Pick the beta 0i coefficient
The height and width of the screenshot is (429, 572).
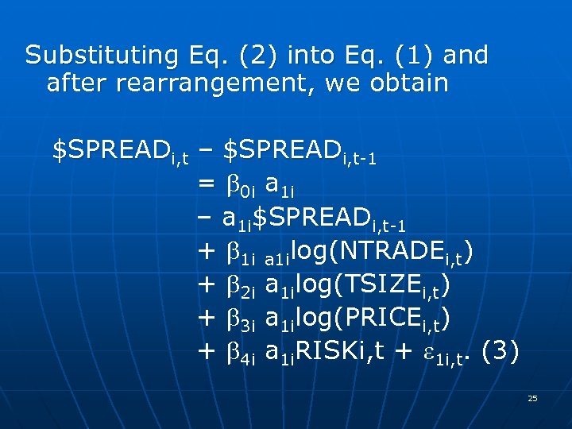(x=238, y=186)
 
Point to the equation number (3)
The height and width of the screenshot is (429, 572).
(x=500, y=351)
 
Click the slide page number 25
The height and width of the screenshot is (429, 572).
(x=532, y=398)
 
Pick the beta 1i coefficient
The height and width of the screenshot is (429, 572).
(x=238, y=253)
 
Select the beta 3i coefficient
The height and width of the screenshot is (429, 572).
(x=238, y=319)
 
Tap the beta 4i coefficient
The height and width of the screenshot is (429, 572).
(x=238, y=353)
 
